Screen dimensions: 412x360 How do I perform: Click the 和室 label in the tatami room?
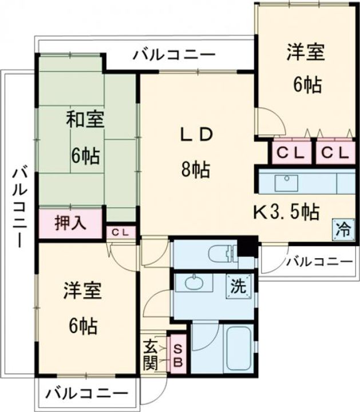coord(85,121)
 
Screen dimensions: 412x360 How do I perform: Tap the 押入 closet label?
coord(70,223)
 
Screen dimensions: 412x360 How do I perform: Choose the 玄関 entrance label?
coord(151,355)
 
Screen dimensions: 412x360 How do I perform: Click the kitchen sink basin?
coord(286,183)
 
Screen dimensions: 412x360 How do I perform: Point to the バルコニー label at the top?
coord(175,55)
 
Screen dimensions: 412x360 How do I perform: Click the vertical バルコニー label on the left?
coord(18,206)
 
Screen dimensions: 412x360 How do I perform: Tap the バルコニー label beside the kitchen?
coord(319,262)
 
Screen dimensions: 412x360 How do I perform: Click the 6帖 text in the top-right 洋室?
coord(307,85)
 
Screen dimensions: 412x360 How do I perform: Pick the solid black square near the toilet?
coord(247,247)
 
